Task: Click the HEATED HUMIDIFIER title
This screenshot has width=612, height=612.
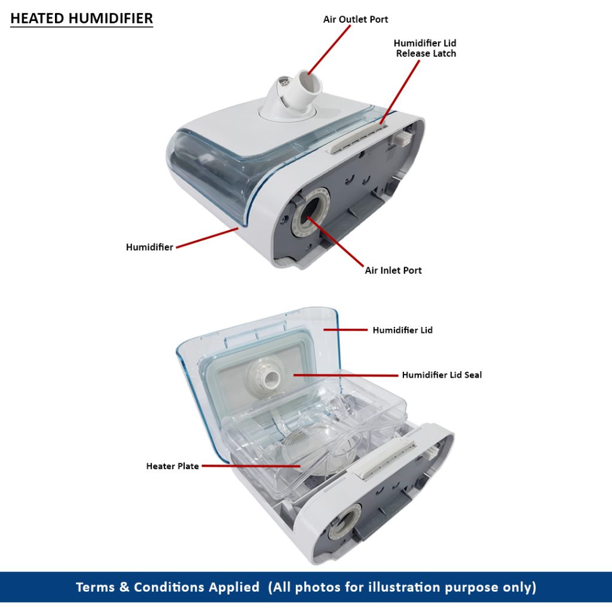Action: coord(81,19)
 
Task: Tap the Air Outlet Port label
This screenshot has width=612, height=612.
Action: coord(356,19)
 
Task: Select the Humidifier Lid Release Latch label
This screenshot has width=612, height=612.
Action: coord(425,48)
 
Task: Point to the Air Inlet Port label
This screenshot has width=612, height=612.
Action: coord(393,270)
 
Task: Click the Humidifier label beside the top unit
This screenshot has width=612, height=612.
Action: coord(149,247)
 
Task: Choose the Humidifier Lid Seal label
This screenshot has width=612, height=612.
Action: coord(442,375)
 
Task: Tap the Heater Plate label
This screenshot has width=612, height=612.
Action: coord(173,466)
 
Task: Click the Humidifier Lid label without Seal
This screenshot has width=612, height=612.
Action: coord(402,330)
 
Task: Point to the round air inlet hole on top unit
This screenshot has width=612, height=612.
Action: coord(310,213)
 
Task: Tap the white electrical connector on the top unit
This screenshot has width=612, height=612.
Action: coord(402,138)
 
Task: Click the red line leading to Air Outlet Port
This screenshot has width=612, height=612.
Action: coord(329,50)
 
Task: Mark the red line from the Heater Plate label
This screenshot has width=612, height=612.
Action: coord(251,466)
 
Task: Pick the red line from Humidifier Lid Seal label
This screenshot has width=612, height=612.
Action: coord(346,375)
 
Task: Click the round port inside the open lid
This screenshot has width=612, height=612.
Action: coord(265,377)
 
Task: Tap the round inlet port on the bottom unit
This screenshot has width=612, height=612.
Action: coord(345,522)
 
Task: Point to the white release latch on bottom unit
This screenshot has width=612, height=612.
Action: coord(387,458)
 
